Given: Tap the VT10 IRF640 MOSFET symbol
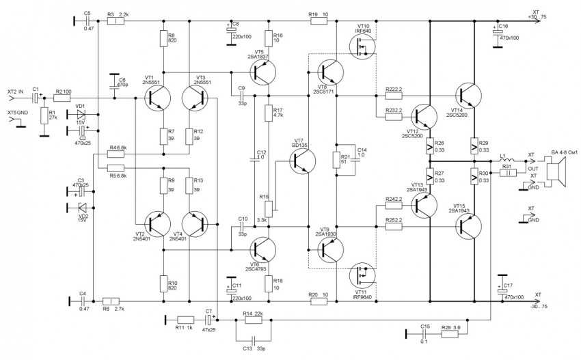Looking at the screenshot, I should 362,46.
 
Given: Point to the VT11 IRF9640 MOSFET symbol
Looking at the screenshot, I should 362,276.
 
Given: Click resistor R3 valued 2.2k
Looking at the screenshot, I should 116,22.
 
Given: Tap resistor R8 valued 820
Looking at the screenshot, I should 163,40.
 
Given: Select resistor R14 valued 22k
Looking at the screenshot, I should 254,318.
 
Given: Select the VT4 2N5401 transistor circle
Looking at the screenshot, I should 198,223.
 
